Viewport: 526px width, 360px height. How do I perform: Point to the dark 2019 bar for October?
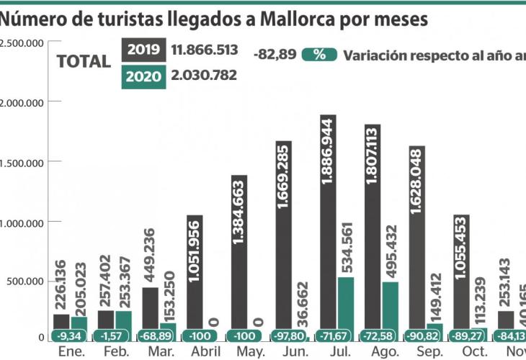click(x=461, y=274)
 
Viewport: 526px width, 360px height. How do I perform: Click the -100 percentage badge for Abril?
click(x=201, y=336)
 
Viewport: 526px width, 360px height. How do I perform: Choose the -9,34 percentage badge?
click(x=70, y=336)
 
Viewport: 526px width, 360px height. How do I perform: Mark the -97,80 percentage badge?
click(x=289, y=336)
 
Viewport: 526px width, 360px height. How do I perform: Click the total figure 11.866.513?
click(x=205, y=50)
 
